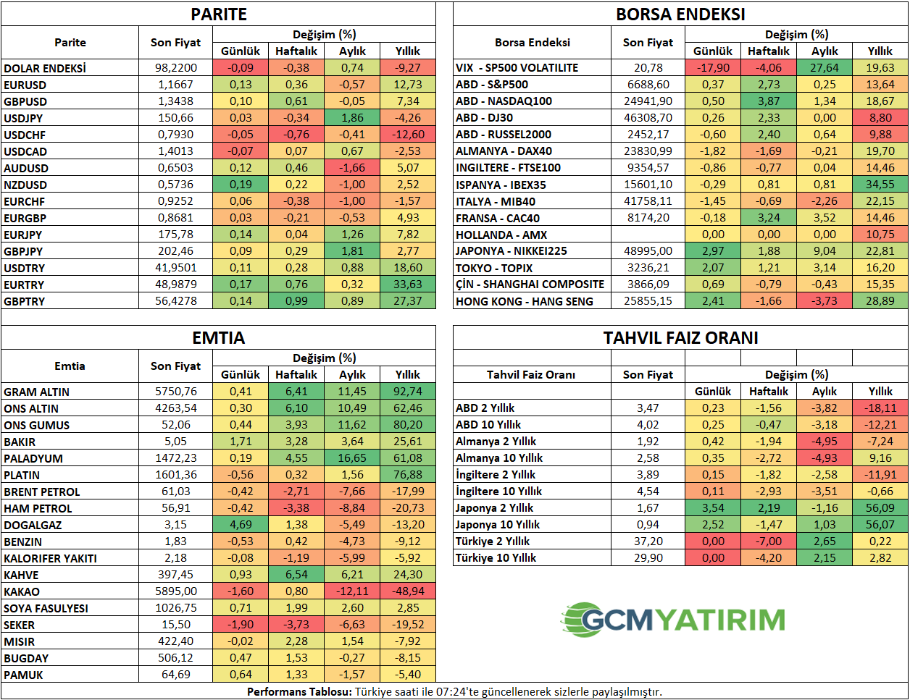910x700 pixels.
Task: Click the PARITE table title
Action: coord(218,14)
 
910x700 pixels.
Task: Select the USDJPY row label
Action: coord(23,118)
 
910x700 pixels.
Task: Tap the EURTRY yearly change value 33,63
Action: coord(408,284)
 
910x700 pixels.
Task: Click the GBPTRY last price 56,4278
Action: coord(176,301)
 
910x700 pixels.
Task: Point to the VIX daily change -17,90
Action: coord(713,67)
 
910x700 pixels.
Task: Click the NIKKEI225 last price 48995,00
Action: coord(648,251)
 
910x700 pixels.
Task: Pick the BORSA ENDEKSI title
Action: coord(680,14)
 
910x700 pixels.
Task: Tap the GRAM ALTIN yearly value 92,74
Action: coord(408,392)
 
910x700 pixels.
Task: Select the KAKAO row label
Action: coord(22,592)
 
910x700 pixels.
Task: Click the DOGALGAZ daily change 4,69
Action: coord(241,525)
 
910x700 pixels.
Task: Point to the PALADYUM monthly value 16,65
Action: coord(352,458)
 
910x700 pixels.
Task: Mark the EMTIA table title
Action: coord(218,338)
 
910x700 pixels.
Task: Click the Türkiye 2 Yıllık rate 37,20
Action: coord(648,541)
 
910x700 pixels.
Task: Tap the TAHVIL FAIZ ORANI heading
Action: coord(680,338)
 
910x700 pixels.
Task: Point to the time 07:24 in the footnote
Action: coord(451,692)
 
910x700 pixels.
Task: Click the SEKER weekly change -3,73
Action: coord(296,625)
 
